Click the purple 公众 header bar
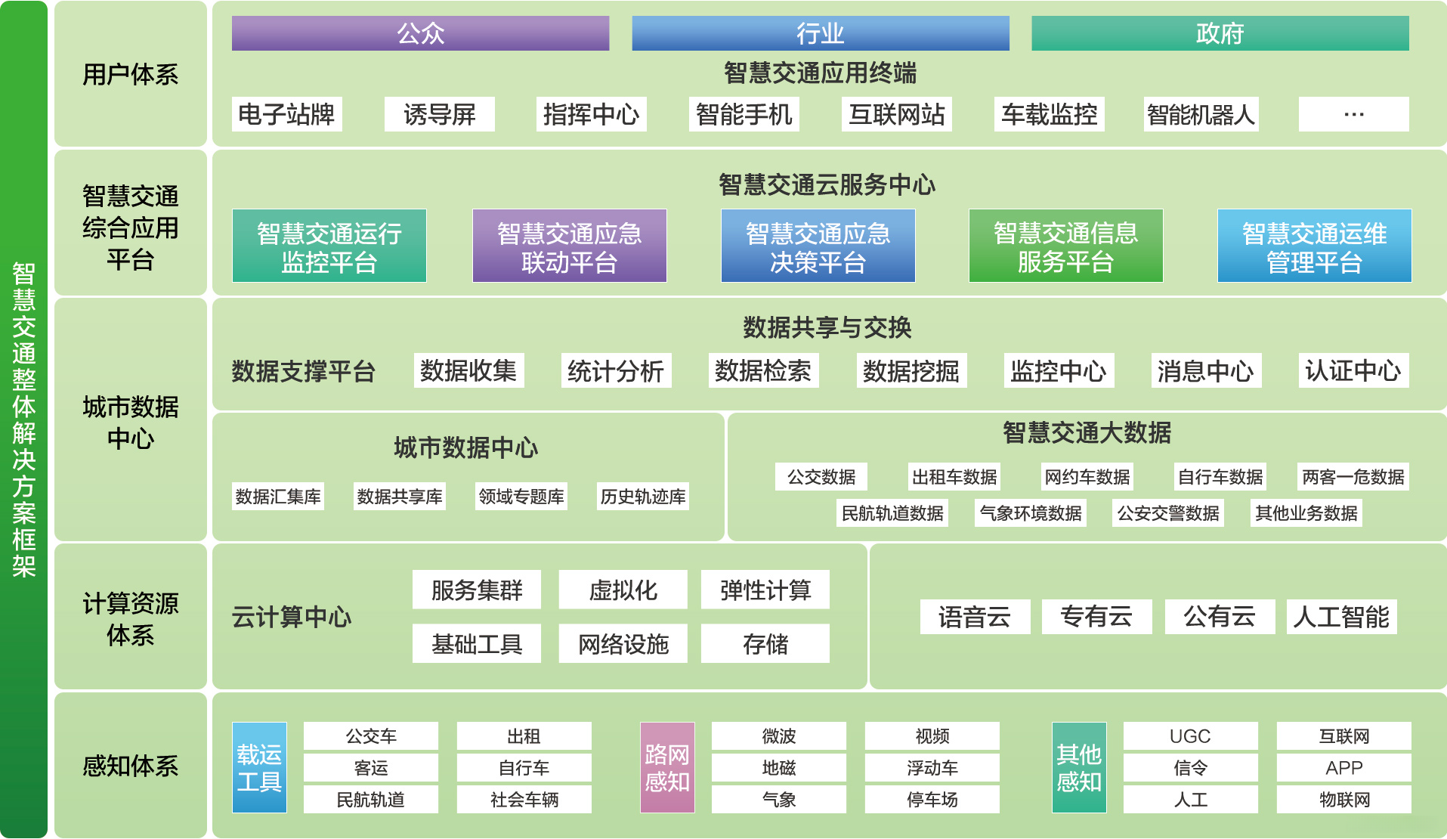click(420, 33)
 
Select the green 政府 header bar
click(1220, 33)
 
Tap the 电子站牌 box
click(286, 114)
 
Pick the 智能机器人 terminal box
click(1201, 114)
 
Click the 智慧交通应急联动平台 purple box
click(569, 246)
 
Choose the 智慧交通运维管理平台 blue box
click(1314, 246)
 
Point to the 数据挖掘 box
click(911, 371)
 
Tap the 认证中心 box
click(1353, 371)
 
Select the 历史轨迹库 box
click(642, 497)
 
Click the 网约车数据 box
click(1087, 477)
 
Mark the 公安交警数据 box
click(1167, 513)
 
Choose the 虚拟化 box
click(623, 590)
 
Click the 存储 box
click(765, 644)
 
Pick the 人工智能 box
click(1341, 617)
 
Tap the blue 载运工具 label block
click(259, 767)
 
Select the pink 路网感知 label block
click(666, 767)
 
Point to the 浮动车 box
click(932, 768)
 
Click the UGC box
click(1190, 736)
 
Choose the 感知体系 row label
click(131, 766)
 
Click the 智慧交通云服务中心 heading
click(827, 184)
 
